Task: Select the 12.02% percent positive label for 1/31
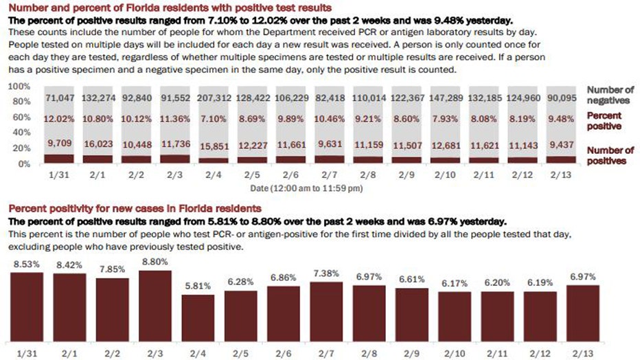click(60, 120)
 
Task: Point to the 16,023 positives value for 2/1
click(98, 144)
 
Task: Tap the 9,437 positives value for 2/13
click(563, 144)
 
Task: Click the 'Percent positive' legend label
click(604, 122)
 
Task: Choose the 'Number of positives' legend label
click(610, 155)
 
